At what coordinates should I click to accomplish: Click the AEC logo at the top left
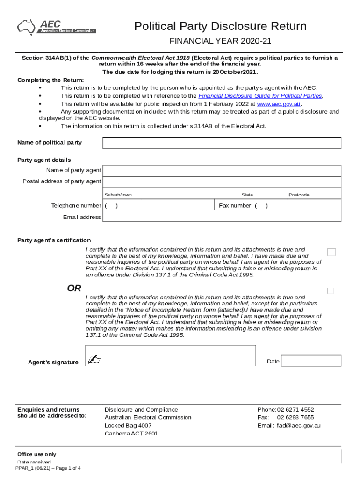(x=56, y=27)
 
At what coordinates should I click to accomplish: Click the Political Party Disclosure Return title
(x=220, y=26)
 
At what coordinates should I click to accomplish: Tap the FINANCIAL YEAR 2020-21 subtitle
(x=220, y=41)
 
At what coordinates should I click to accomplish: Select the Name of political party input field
(x=222, y=143)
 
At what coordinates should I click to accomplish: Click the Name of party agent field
(x=222, y=170)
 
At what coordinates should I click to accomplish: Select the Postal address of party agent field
(x=222, y=182)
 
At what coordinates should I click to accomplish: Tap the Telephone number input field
(x=159, y=206)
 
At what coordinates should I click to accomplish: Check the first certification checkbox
(x=331, y=253)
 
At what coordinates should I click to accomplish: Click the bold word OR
(x=74, y=289)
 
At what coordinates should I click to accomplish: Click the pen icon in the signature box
(x=95, y=360)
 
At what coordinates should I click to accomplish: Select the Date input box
(x=311, y=361)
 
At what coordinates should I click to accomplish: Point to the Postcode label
(x=299, y=195)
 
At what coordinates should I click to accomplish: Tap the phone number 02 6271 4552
(x=295, y=410)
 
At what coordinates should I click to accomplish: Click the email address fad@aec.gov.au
(x=298, y=426)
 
